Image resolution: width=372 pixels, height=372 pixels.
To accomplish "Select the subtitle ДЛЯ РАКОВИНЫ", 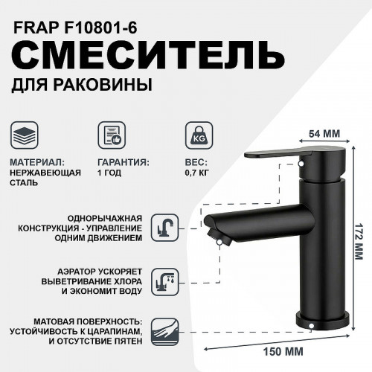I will pos(82,86).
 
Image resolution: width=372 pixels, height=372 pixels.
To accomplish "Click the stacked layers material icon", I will pos(28,136).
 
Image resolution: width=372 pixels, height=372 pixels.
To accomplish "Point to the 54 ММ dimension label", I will pos(324,133).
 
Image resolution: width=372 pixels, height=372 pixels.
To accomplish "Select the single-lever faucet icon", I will pos(161,226).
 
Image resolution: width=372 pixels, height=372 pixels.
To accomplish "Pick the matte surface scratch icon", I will pos(161,327).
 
